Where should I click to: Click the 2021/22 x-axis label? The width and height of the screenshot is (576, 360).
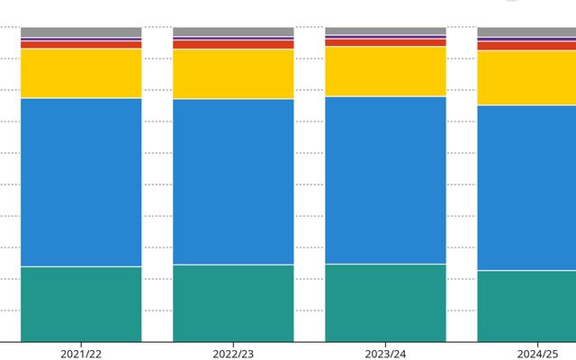coord(81,354)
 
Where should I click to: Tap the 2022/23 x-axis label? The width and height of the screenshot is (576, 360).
coord(233,354)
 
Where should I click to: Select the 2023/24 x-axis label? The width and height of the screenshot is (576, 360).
coord(385,354)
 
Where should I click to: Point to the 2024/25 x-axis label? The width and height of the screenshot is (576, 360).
coord(537,354)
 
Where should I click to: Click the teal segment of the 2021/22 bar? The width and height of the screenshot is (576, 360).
coord(81,304)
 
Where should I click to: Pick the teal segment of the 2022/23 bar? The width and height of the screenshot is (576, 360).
coord(233,303)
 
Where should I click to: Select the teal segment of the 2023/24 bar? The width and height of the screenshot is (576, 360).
coord(385,302)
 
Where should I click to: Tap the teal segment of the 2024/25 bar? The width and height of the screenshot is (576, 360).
coord(526,306)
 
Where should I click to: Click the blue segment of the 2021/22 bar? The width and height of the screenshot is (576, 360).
coord(81,182)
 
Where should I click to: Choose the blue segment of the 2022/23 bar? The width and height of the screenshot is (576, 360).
coord(233,181)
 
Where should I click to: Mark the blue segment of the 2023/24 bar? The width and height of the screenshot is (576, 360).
coord(385,180)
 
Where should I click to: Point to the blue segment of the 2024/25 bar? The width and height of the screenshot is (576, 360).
coord(526,187)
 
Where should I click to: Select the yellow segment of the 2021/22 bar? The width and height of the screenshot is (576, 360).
coord(81,73)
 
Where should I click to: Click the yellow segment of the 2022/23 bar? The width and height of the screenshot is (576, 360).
coord(233,74)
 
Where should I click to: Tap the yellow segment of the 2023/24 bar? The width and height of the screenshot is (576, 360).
coord(385,71)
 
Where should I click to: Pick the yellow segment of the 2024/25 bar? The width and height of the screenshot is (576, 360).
coord(526,78)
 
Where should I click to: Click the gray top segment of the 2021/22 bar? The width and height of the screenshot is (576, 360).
coord(81,32)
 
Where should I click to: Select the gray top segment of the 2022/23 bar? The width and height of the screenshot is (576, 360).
coord(233,31)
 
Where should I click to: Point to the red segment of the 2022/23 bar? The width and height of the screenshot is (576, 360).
coord(233,44)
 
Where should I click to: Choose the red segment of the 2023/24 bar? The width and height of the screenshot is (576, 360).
coord(385,42)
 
